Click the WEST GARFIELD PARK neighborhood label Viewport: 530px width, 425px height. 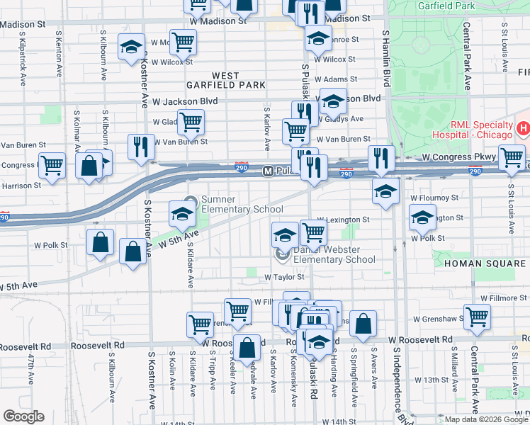pyautogui.click(x=239, y=80)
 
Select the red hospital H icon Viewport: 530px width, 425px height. pyautogui.click(x=523, y=128)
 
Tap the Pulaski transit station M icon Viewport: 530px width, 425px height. pyautogui.click(x=268, y=171)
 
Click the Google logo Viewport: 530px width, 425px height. pyautogui.click(x=23, y=416)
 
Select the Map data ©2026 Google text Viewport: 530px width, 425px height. pyautogui.click(x=486, y=419)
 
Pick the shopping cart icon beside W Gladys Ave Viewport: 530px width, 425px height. pyautogui.click(x=191, y=122)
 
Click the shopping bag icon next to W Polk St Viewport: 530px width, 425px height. pyautogui.click(x=101, y=242)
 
